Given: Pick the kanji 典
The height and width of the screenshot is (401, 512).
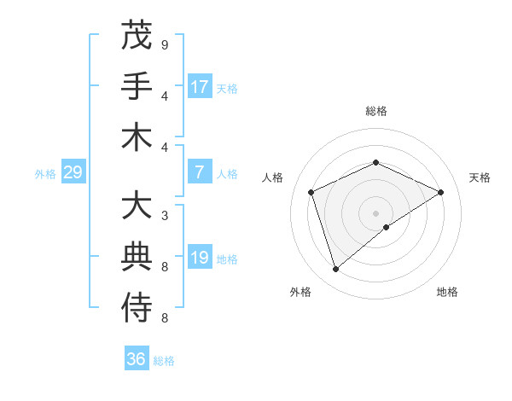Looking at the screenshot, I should (137, 257).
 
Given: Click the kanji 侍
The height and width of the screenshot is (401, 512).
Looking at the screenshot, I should (137, 308).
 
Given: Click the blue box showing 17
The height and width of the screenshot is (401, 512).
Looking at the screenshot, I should (200, 87).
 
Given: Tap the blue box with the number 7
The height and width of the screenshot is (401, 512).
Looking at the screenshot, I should (200, 172).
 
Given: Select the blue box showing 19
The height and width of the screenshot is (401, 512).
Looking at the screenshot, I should (200, 258).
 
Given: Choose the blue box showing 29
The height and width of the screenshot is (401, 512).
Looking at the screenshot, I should (73, 173).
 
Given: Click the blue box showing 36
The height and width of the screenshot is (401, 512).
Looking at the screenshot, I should (137, 359).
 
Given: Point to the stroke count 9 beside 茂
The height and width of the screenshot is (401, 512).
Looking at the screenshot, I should (165, 44).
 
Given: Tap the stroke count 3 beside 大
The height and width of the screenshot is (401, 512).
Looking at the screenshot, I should (165, 216).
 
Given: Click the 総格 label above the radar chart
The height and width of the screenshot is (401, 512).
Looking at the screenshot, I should (375, 111).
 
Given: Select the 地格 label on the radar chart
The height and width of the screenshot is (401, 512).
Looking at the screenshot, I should (447, 292).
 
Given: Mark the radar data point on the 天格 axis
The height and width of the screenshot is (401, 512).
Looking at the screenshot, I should (441, 192).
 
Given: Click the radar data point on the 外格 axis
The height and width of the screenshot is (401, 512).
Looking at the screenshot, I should (335, 270).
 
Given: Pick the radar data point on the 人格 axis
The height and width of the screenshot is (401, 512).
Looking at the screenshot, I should (311, 192).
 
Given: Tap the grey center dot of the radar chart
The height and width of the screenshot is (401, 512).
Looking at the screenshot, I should (375, 212).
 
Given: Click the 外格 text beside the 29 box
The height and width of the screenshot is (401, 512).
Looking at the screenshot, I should (45, 174).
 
